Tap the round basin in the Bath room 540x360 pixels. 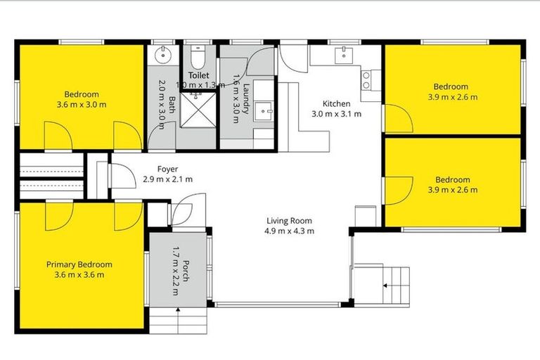tap(165, 53)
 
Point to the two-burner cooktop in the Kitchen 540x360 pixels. tap(366, 80)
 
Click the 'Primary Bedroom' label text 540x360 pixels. tap(79, 264)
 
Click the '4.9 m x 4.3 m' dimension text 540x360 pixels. tap(289, 231)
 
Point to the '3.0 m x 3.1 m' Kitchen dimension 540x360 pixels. tap(336, 113)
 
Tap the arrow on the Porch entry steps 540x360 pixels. tap(178, 310)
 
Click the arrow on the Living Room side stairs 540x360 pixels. tap(385, 285)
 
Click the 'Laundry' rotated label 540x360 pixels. tap(247, 98)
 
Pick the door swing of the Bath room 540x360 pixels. tap(157, 138)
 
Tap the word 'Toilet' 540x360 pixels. tap(200, 75)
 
